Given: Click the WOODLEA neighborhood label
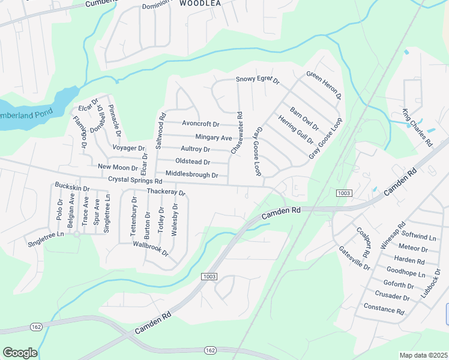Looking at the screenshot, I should (x=200, y=3).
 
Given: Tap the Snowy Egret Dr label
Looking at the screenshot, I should (x=258, y=79).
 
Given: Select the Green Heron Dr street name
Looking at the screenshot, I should (x=324, y=85).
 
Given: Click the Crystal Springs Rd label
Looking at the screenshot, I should (x=135, y=180).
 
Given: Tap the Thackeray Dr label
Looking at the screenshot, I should (x=166, y=193).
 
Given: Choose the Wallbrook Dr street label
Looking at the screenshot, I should (x=151, y=248).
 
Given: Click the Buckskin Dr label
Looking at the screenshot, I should (x=71, y=188).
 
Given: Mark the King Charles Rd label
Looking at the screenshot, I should (x=417, y=128).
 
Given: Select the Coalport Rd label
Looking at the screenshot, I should (x=364, y=241).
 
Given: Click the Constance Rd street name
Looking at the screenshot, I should (x=384, y=309).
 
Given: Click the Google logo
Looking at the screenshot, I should (x=20, y=353).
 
